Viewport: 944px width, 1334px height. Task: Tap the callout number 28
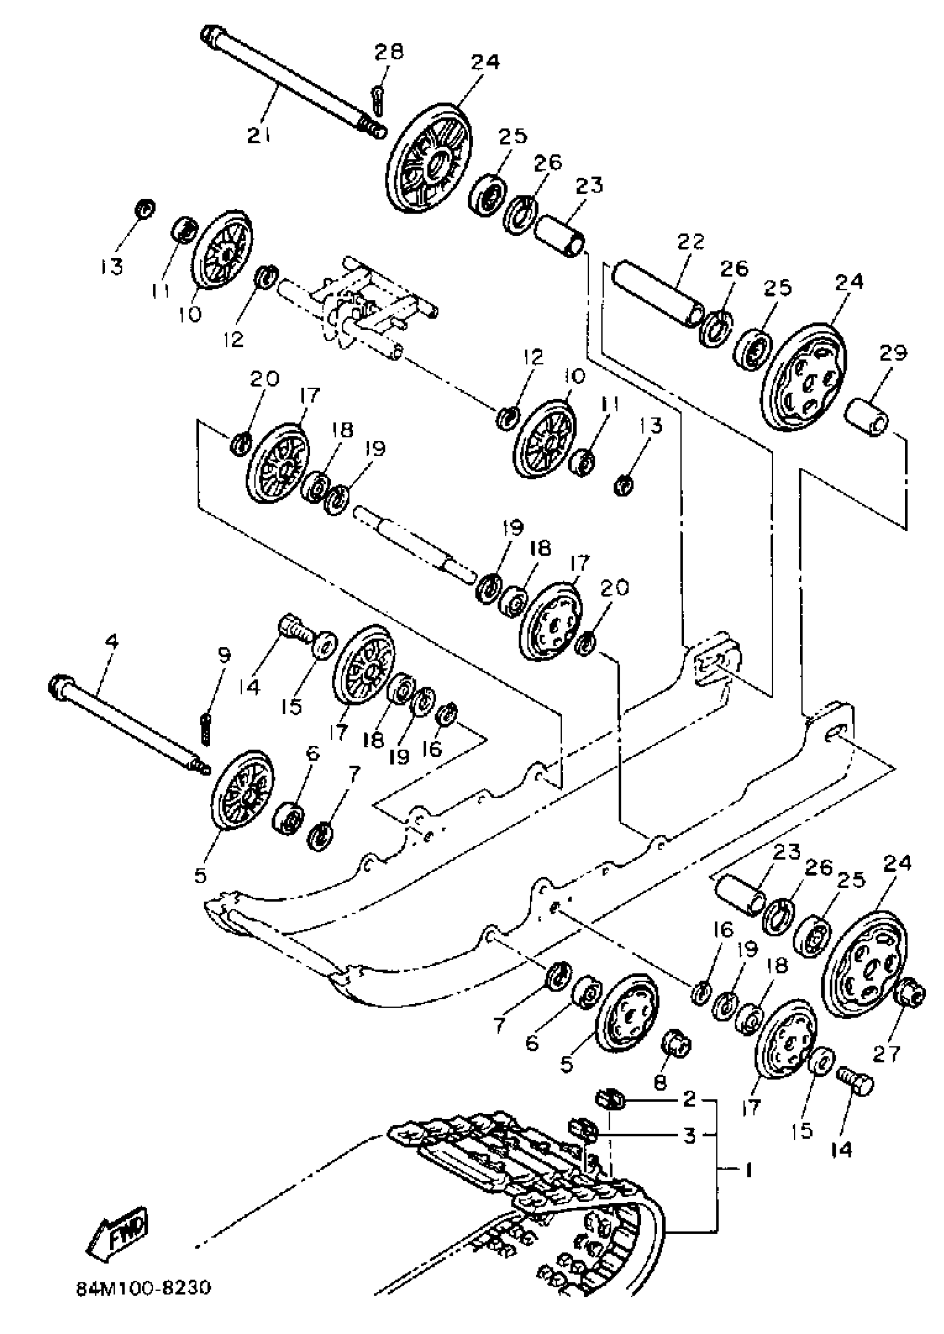coord(388,53)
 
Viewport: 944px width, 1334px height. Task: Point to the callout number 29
coord(893,353)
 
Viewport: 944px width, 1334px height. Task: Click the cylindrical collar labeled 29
coord(867,417)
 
